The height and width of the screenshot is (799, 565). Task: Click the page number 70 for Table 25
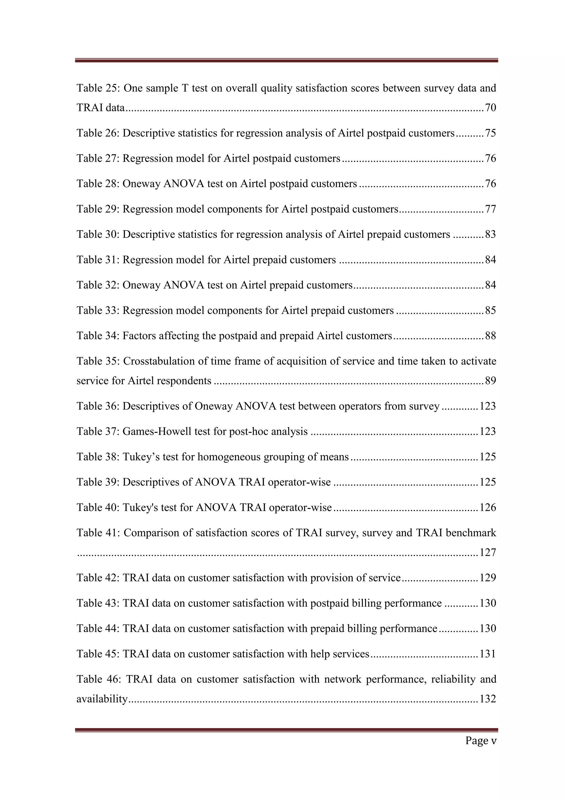[490, 108]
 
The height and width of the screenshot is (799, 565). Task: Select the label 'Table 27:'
[98, 159]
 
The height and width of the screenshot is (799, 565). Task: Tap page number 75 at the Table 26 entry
[490, 133]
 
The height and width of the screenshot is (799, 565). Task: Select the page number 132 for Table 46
[487, 699]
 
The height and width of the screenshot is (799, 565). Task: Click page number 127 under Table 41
[487, 553]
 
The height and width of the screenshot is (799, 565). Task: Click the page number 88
[490, 336]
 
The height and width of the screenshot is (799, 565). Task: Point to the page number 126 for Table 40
[487, 508]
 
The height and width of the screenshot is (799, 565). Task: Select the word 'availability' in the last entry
[102, 699]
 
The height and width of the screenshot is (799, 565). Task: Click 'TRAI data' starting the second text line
[100, 108]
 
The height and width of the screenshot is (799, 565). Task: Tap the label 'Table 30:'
[98, 235]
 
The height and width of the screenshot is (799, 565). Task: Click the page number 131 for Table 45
[487, 654]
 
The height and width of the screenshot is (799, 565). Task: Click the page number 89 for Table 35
[490, 381]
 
